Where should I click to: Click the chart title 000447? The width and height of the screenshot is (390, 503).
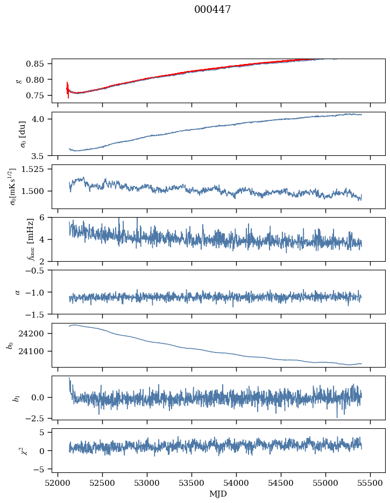click(x=212, y=10)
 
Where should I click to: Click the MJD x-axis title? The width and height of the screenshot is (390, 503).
click(x=218, y=494)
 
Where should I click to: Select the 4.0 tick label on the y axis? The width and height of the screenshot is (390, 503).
click(x=42, y=119)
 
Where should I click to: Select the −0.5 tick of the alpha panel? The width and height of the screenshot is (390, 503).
click(x=39, y=270)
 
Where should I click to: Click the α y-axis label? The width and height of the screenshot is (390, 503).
click(x=18, y=292)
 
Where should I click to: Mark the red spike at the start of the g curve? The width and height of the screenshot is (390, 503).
click(x=68, y=89)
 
